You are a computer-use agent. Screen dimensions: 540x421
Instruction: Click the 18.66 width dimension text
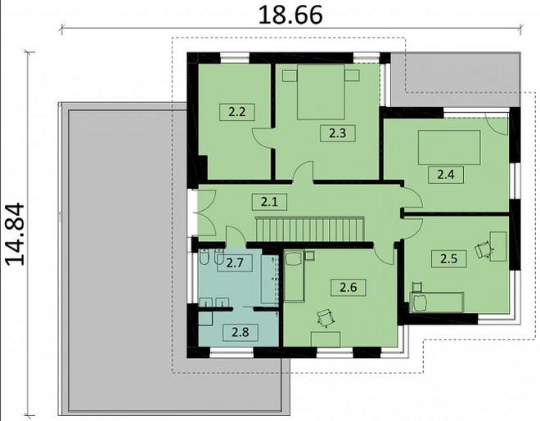290,16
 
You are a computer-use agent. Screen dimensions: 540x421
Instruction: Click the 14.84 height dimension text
16,234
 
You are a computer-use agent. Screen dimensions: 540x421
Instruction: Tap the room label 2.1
269,202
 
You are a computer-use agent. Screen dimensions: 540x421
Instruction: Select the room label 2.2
237,112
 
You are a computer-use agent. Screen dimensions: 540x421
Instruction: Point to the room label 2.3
337,133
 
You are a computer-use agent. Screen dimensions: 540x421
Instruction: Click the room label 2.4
446,175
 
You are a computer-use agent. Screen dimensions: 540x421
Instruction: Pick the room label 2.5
449,258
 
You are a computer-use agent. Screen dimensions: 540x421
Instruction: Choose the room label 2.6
349,287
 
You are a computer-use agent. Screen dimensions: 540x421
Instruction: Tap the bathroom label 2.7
235,263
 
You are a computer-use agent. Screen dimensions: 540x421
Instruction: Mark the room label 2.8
241,333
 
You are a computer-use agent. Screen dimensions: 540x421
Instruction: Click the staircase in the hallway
309,229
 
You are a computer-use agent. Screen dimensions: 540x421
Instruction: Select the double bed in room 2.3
321,92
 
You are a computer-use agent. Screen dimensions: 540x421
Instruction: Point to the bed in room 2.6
295,276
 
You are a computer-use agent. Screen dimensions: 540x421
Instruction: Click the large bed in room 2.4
449,147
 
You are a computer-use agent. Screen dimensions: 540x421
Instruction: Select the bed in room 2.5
436,302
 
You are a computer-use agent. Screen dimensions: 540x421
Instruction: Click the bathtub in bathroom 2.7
270,280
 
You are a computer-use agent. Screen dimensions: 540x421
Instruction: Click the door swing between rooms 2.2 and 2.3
263,138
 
